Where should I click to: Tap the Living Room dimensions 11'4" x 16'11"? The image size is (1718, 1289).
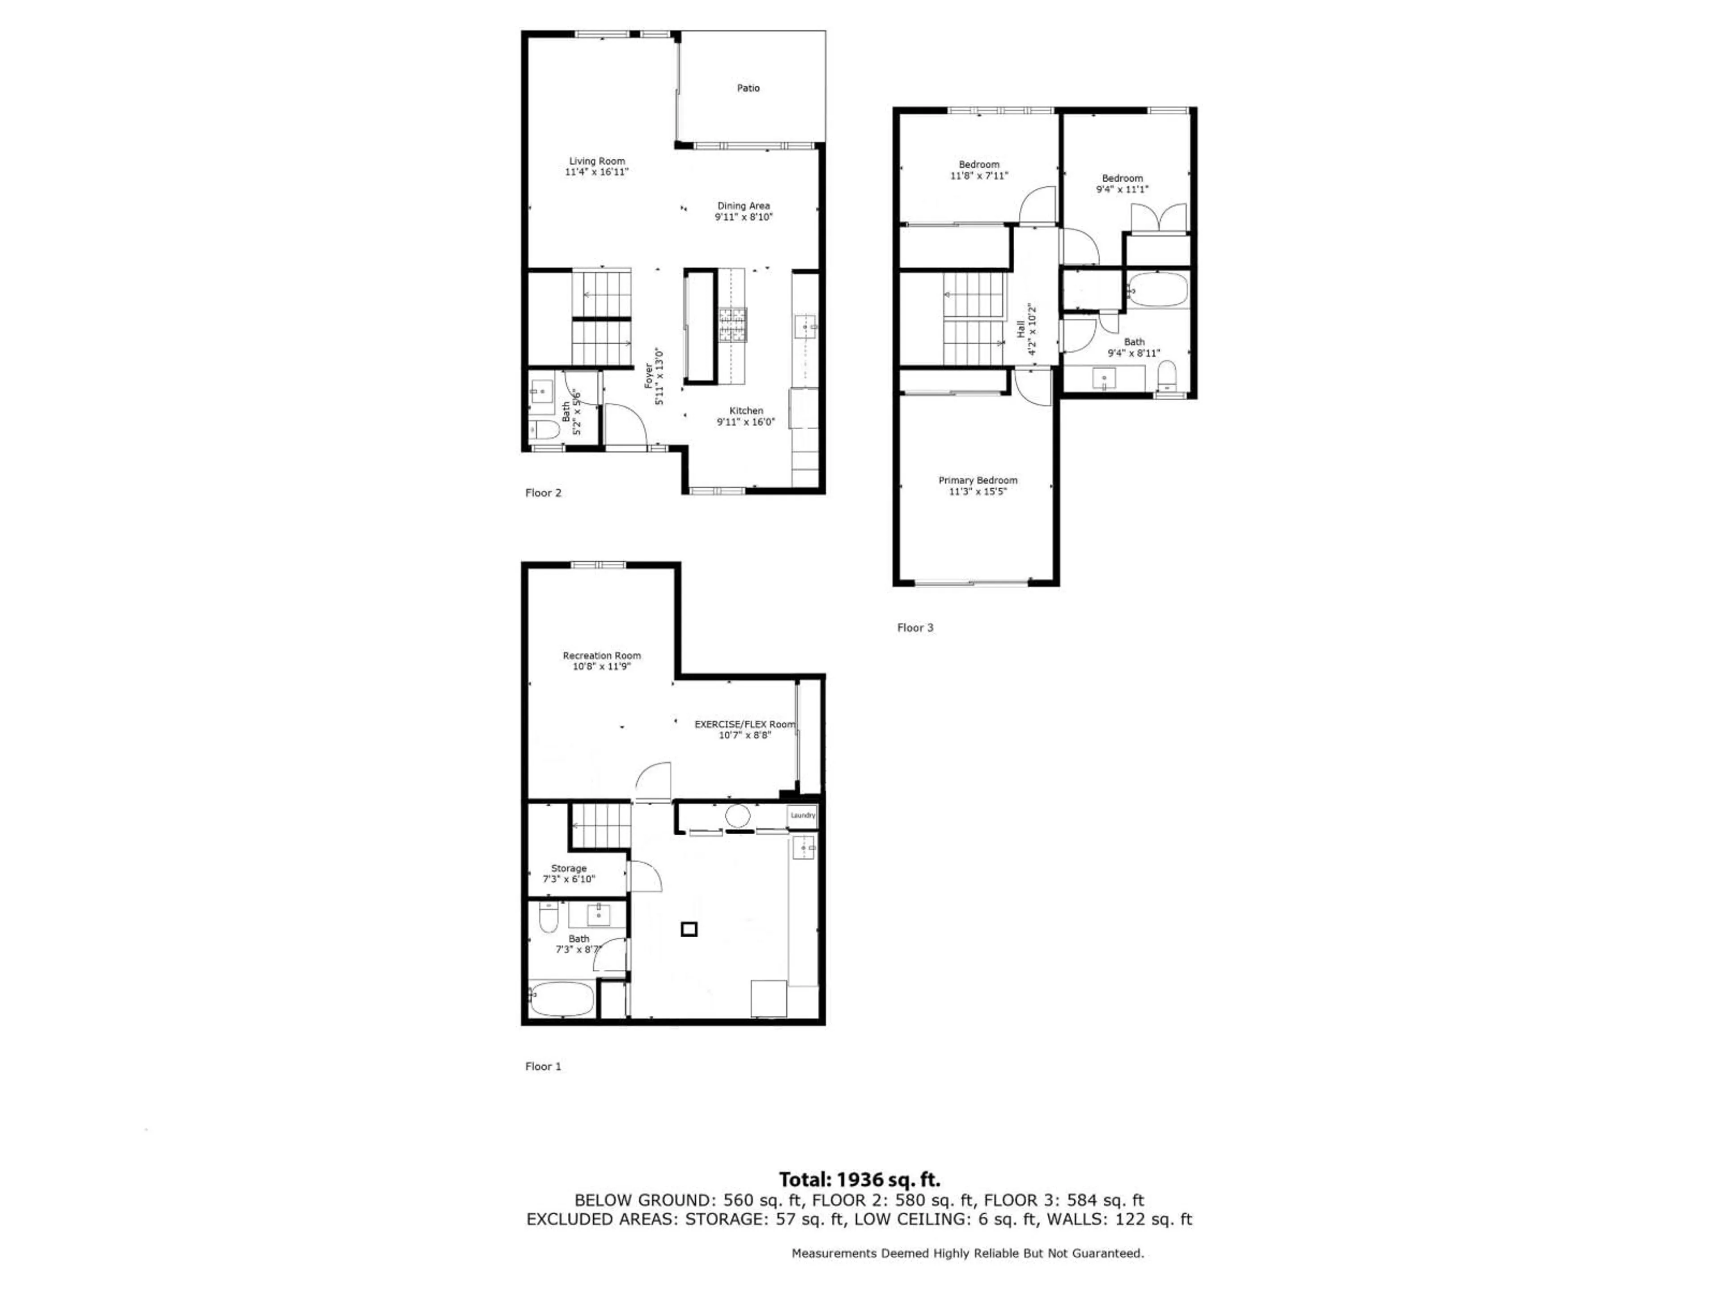(596, 172)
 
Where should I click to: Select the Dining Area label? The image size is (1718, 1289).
(743, 206)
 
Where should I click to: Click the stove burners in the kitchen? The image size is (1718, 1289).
(732, 325)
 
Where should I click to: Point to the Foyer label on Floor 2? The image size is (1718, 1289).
(649, 376)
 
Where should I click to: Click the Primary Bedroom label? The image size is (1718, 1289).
(977, 480)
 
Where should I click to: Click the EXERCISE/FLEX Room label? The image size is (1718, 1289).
(744, 724)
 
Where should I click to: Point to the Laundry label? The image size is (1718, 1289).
(802, 815)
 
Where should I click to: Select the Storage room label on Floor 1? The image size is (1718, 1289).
(569, 868)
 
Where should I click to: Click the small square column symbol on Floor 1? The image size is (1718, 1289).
(688, 929)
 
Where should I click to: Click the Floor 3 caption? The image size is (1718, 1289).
(915, 628)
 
